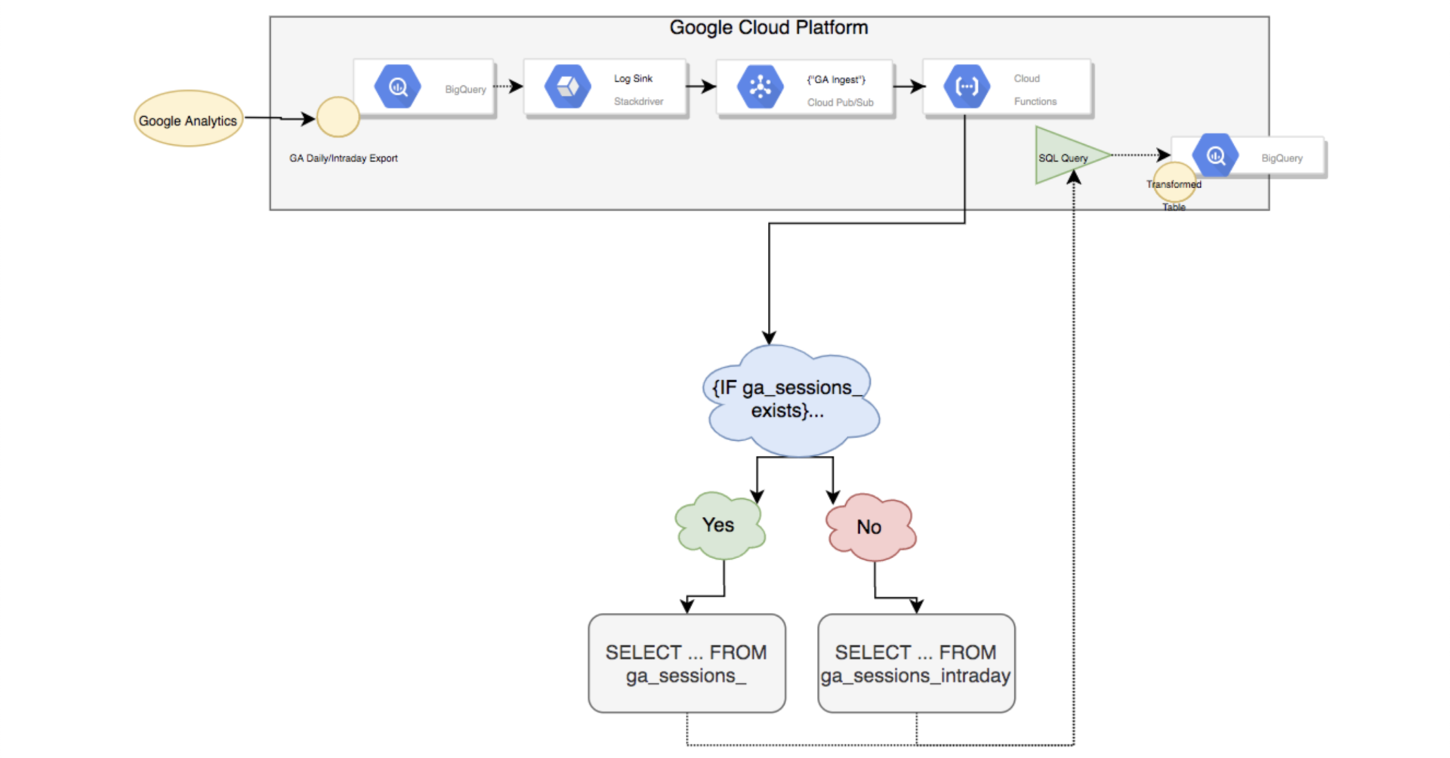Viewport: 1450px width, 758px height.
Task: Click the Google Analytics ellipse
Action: (189, 119)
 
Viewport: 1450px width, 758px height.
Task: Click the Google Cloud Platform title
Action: (769, 28)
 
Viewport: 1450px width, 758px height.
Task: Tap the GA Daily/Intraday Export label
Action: (344, 158)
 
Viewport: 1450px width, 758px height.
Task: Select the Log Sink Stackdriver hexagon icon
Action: (568, 87)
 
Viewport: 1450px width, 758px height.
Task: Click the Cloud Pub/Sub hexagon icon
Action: (760, 87)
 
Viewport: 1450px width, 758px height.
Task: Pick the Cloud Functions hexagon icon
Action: (967, 87)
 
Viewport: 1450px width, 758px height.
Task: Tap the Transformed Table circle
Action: (1174, 183)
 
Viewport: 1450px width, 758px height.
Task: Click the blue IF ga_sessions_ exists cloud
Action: (791, 400)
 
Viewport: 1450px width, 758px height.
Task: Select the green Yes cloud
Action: (720, 525)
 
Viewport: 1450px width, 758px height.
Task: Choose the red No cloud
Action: (871, 527)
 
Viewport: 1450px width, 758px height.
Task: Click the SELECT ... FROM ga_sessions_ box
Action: (686, 664)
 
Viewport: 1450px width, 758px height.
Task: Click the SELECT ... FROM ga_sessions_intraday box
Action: (916, 664)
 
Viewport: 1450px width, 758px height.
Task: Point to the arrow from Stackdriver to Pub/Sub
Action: (702, 87)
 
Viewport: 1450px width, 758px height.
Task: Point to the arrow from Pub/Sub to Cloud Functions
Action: (910, 87)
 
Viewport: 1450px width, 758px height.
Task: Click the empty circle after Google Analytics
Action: (338, 117)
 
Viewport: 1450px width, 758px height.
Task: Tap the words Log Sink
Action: (633, 79)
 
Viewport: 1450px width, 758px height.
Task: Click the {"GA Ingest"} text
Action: (836, 79)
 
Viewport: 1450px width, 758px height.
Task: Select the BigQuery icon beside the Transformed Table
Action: (1215, 156)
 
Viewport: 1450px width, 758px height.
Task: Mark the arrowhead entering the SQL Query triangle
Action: (1073, 177)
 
